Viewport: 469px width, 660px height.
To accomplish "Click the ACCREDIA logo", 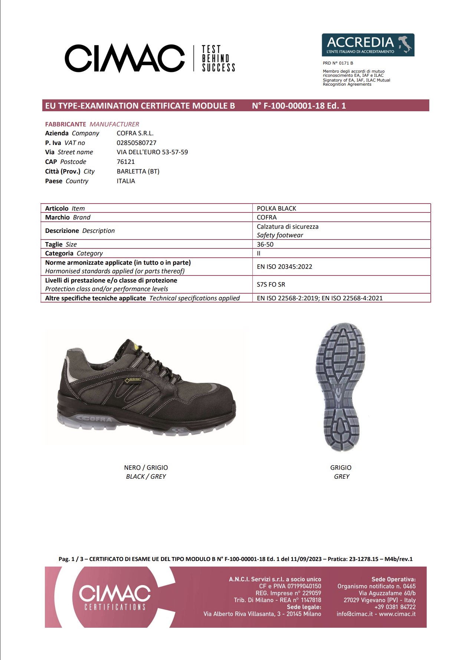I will tap(368, 45).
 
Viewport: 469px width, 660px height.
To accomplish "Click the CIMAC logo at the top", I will tap(125, 58).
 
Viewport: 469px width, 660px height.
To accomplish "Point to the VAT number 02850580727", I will tap(137, 143).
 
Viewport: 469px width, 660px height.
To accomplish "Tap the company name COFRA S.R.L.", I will tap(135, 133).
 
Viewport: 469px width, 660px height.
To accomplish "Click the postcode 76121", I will tap(126, 162).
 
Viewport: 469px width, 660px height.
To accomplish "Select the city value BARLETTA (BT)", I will tap(138, 171).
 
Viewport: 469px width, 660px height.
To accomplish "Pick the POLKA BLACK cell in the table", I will tap(276, 208).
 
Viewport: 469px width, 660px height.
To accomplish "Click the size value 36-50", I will tap(265, 244).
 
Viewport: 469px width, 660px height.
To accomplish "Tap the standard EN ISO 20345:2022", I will tap(284, 267).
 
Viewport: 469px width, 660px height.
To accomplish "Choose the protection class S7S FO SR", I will tap(271, 284).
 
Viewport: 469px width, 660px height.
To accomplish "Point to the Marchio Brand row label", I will tap(68, 217).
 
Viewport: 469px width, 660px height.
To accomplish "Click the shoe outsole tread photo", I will tap(341, 387).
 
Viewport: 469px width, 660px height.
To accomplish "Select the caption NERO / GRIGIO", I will tap(146, 468).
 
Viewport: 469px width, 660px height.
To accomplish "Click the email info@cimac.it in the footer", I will tap(354, 614).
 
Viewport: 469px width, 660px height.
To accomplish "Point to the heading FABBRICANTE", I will tap(66, 124).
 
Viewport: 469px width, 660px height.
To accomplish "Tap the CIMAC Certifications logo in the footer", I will tap(115, 597).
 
